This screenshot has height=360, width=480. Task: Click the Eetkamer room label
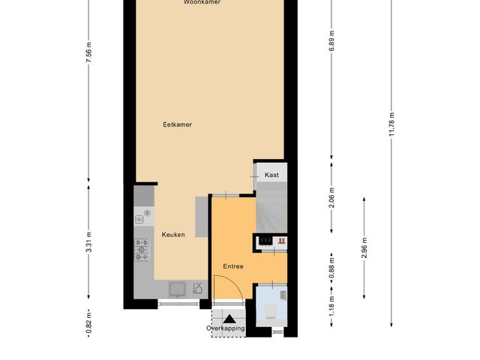point(177,124)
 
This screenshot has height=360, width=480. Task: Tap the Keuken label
point(173,235)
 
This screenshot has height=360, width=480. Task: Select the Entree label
point(233,266)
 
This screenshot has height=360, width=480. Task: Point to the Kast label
point(271,175)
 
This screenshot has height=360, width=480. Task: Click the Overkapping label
point(226,328)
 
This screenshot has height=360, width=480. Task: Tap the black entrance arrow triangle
point(229,319)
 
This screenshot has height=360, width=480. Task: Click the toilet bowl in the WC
point(271,310)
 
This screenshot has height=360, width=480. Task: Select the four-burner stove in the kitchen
point(142,250)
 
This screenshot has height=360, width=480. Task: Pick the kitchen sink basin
point(177,289)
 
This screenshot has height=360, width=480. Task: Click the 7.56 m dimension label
point(88,52)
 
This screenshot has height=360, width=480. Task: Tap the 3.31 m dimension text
point(88,241)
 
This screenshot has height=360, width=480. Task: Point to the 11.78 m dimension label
point(391,124)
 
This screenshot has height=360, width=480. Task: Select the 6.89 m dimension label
point(331,41)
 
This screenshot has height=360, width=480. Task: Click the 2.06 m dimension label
point(331,197)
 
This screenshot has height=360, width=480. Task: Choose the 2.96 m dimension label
point(364,247)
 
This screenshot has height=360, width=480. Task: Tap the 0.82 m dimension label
point(88,323)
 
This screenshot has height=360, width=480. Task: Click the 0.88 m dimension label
point(331,269)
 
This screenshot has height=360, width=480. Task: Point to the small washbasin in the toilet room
point(283,295)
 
